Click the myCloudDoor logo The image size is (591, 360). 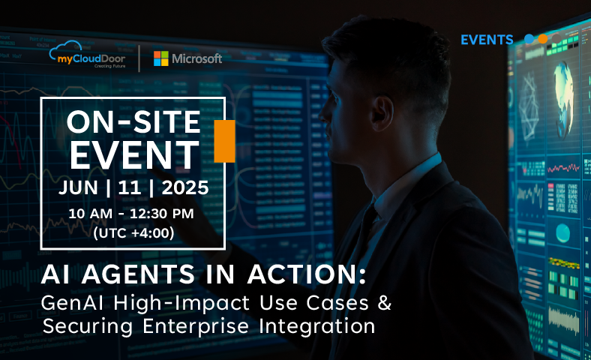tap(87, 55)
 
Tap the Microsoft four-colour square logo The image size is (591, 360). tap(161, 58)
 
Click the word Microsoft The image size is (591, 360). tap(196, 58)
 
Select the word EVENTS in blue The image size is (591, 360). tap(487, 40)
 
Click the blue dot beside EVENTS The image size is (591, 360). tap(529, 39)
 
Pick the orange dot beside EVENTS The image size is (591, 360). tap(543, 39)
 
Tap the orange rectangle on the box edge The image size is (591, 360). tap(224, 141)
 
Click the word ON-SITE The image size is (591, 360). tap(133, 122)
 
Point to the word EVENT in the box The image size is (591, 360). tap(134, 155)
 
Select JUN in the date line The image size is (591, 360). tap(78, 187)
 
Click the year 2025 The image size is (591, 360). tap(185, 187)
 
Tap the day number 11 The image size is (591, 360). tap(129, 187)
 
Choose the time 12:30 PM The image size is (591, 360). tap(162, 214)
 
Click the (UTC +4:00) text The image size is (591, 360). tap(133, 232)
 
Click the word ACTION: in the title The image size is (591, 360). tap(307, 274)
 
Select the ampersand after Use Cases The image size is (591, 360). tap(385, 303)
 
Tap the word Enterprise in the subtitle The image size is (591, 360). tap(196, 326)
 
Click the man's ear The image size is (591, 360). tap(382, 113)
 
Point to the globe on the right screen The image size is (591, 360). tap(564, 94)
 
